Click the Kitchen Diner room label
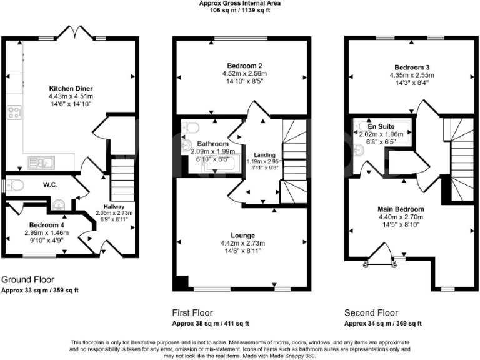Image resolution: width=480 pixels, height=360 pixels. [x=70, y=88]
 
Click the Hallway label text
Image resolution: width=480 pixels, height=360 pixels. [x=114, y=206]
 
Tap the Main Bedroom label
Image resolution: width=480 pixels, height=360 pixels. [x=401, y=209]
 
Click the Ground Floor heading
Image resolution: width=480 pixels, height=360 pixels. [x=28, y=280]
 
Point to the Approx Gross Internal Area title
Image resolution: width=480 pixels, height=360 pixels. [x=239, y=3]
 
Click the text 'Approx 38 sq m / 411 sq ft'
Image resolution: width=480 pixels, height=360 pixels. [x=211, y=323]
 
